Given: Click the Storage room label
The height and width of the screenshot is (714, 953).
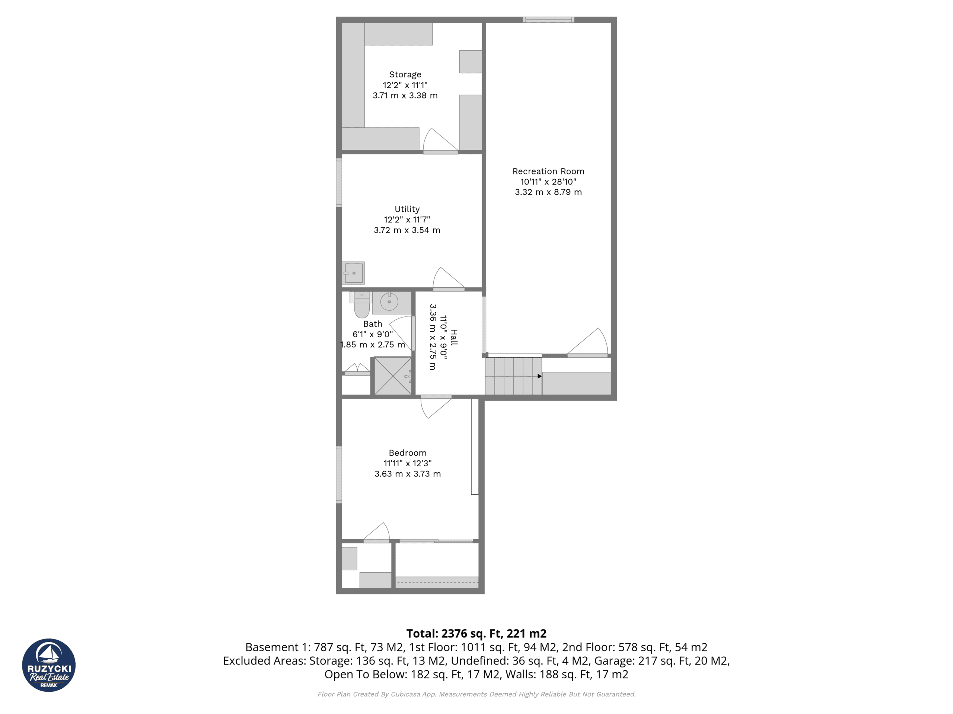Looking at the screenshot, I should [x=405, y=74].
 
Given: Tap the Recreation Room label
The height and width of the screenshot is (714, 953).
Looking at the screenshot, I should [x=548, y=171].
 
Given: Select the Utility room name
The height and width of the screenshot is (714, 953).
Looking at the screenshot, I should [x=407, y=209].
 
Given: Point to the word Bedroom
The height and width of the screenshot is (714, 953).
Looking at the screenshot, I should [x=408, y=453].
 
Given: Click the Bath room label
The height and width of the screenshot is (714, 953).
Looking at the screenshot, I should [x=372, y=324].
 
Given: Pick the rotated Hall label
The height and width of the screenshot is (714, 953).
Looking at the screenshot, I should [x=454, y=337].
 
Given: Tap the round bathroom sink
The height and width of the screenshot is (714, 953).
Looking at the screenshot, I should [x=389, y=302].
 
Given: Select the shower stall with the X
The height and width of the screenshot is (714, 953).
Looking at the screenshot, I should [x=392, y=376].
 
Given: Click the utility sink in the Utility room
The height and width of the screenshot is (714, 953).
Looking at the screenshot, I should [x=353, y=273].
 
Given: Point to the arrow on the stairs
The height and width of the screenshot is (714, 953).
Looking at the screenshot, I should [x=539, y=376].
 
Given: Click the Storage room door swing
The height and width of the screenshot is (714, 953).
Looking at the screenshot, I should [x=439, y=140].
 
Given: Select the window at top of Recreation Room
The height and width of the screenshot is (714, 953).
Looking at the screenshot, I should [x=548, y=20].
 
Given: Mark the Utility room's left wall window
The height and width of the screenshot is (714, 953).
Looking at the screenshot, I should [x=339, y=183].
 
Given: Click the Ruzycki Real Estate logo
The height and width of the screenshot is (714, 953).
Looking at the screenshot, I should [x=49, y=665].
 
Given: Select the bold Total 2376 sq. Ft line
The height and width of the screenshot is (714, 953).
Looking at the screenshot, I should [x=476, y=634].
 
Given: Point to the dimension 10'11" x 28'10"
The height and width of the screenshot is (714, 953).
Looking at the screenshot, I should [x=548, y=181].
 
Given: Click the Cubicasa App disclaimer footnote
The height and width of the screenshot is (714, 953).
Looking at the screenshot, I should [x=476, y=694].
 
